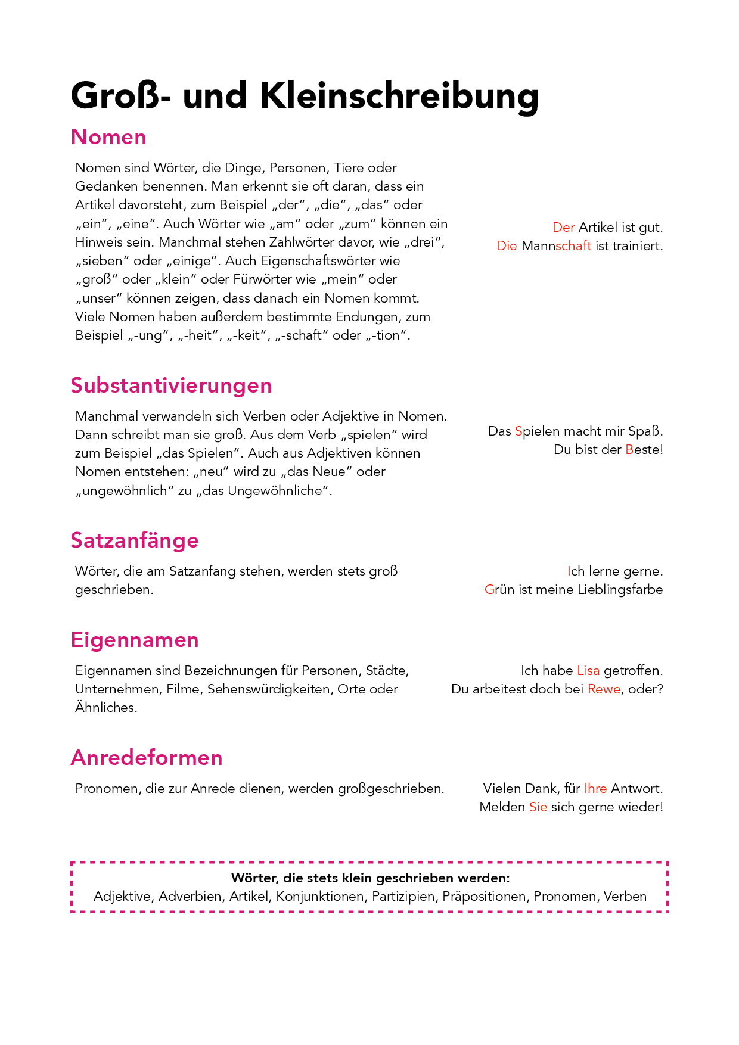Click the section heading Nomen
108,137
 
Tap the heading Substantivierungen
171,385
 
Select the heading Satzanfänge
135,540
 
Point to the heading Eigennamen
135,640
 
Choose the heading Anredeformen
147,758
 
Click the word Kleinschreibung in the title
399,95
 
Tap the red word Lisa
588,671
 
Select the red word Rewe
604,689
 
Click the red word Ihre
595,789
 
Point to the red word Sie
538,807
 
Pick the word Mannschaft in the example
556,246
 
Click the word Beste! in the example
644,450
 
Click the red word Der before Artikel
563,228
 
